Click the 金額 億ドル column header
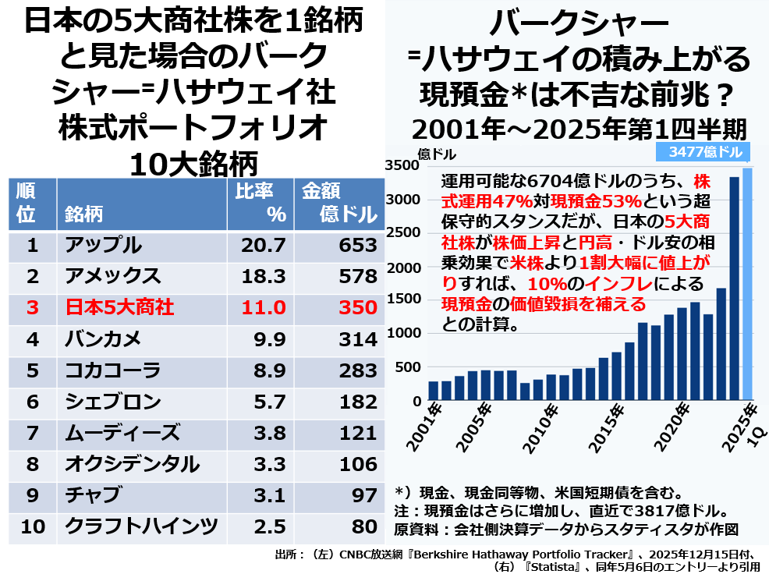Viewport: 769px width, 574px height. [339, 203]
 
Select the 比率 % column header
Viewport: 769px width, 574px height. [256, 203]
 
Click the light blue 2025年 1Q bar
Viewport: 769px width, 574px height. [747, 284]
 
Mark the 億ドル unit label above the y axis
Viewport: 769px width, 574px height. [438, 154]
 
